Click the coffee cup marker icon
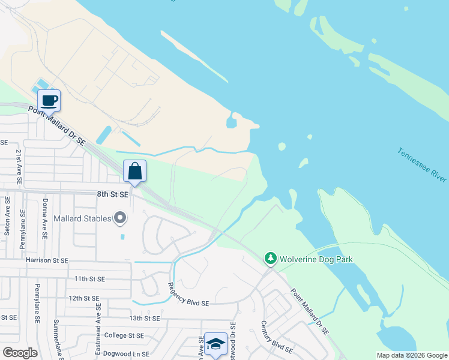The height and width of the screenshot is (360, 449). click(x=49, y=100)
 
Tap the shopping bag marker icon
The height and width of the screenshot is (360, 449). click(x=135, y=172)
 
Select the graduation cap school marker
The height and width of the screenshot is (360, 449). click(x=215, y=344)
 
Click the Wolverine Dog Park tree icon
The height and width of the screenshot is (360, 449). click(x=271, y=259)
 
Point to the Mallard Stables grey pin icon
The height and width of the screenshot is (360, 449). click(x=120, y=218)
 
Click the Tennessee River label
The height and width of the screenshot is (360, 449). click(x=422, y=164)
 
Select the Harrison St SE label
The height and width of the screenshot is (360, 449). click(x=47, y=261)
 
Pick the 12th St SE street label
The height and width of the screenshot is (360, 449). click(x=84, y=298)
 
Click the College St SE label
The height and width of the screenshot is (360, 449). click(x=124, y=335)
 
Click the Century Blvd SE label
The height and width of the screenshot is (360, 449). click(x=276, y=337)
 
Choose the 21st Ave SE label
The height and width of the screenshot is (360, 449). click(x=19, y=167)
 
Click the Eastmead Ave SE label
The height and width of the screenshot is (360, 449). click(x=95, y=327)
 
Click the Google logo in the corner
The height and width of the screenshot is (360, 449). click(x=20, y=352)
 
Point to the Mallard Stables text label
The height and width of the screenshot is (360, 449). click(x=82, y=218)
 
